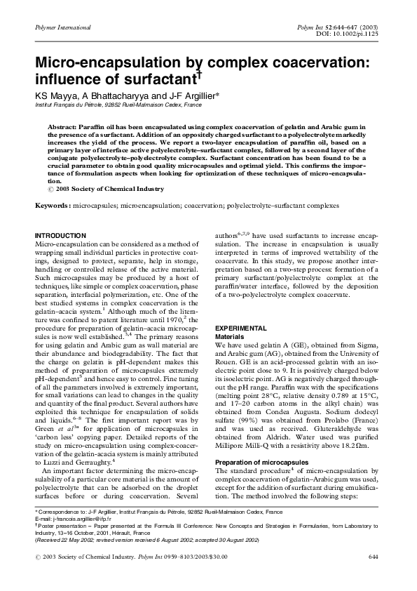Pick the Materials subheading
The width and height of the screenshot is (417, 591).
tap(229, 337)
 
